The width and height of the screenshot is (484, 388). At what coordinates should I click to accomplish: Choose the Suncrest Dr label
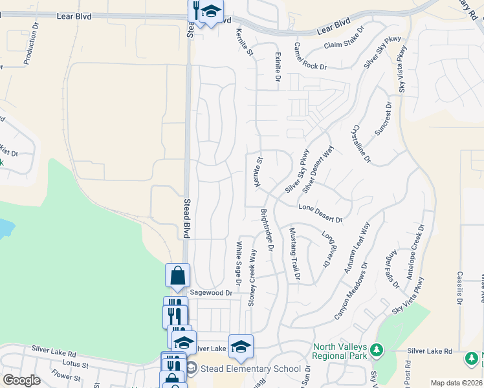tap(384, 118)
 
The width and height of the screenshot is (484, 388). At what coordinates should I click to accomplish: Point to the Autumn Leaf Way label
tap(357, 246)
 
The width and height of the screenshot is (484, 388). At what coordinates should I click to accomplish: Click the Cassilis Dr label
tap(460, 288)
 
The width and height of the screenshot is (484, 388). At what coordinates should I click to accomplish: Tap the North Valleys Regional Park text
tap(338, 351)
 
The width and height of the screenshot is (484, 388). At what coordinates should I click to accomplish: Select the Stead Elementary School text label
tap(250, 369)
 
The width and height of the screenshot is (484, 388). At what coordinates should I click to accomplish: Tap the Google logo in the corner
tap(21, 380)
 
